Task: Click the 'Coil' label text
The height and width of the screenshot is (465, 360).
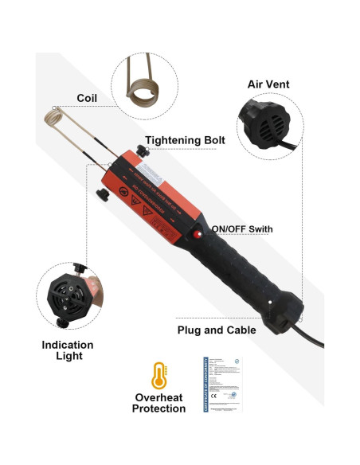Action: (87, 98)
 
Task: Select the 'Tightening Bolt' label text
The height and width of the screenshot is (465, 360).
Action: (186, 140)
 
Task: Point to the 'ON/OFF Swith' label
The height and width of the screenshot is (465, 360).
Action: (241, 229)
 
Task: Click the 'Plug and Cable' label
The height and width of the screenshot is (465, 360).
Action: (216, 330)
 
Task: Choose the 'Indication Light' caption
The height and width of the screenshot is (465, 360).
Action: (68, 351)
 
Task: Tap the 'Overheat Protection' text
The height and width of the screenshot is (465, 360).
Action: (158, 402)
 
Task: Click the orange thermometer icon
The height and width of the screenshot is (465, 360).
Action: (158, 375)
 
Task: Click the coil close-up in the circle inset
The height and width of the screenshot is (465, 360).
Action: (145, 81)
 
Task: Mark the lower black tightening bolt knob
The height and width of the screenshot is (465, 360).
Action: (100, 196)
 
